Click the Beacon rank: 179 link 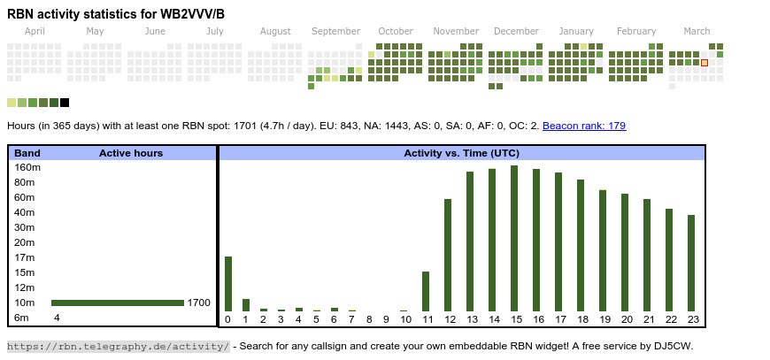point(584,126)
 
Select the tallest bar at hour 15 point(514,238)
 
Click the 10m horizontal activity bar point(118,303)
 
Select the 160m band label point(28,167)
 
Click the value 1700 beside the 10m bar point(199,303)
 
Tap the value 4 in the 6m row point(57,318)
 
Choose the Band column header point(27,153)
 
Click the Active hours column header point(131,153)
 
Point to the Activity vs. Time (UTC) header point(461,153)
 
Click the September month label point(335,31)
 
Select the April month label point(35,31)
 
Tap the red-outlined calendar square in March point(705,63)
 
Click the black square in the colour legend point(65,103)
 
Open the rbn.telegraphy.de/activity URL point(119,346)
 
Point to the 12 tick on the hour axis point(449,319)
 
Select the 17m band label point(25,257)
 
